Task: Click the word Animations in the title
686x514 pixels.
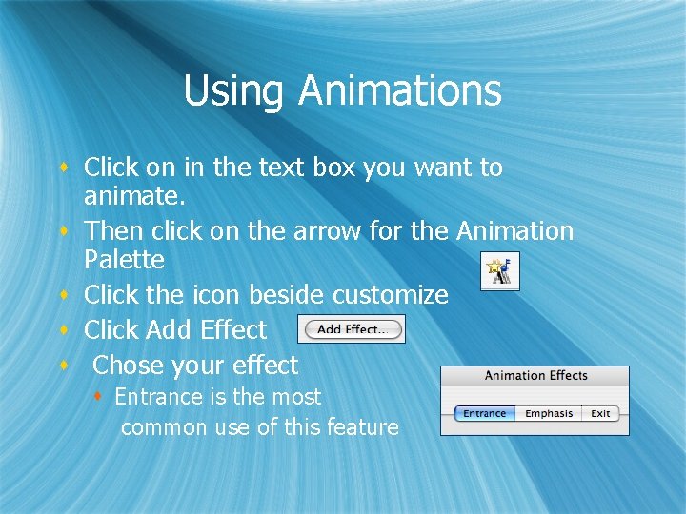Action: point(399,91)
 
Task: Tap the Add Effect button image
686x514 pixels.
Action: point(352,329)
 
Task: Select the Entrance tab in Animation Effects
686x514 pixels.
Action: point(485,414)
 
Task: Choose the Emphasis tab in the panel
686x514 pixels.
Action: point(549,414)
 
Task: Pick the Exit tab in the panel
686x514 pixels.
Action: point(600,414)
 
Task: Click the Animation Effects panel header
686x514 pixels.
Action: point(535,375)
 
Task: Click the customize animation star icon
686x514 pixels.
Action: point(499,271)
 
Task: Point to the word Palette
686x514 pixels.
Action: point(124,260)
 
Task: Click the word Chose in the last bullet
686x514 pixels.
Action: point(129,366)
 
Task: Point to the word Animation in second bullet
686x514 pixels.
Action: point(514,231)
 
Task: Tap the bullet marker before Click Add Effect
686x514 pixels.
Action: point(62,330)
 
